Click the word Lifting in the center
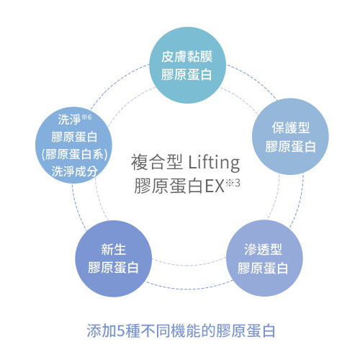pos(214,163)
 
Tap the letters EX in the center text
pos(215,186)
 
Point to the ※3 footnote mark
pos(233,184)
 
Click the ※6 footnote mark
pos(86,117)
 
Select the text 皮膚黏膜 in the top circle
pos(187,57)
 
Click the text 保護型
pos(291,127)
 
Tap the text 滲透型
pos(263,249)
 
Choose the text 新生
pos(114,249)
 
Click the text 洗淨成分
pos(75,171)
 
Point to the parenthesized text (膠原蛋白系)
pos(74,154)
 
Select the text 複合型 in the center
pos(156,163)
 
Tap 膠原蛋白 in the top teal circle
pos(186,74)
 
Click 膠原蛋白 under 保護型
pos(290,146)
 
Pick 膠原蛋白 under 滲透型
pos(263,268)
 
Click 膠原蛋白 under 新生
pos(113,267)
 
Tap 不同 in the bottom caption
pos(155,330)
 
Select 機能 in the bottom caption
pos(185,330)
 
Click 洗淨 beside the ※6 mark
pos(69,120)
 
